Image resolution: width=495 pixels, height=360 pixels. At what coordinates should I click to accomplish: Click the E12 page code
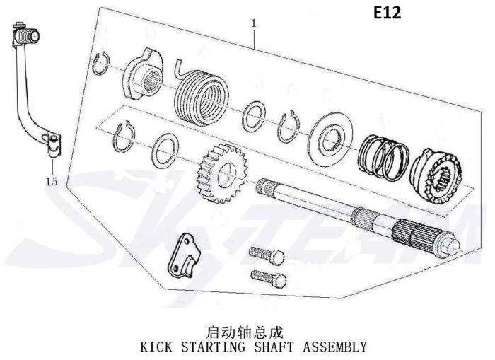coord(388,13)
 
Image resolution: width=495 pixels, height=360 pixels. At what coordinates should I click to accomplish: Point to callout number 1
coord(253,23)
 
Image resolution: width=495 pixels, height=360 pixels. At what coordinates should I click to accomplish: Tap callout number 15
coord(52,182)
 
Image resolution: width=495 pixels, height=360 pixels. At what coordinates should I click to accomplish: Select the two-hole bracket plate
coord(185,255)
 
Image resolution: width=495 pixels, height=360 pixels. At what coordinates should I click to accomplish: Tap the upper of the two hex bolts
coord(267,255)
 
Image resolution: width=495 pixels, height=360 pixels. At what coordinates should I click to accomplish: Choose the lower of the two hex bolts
coord(269,279)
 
